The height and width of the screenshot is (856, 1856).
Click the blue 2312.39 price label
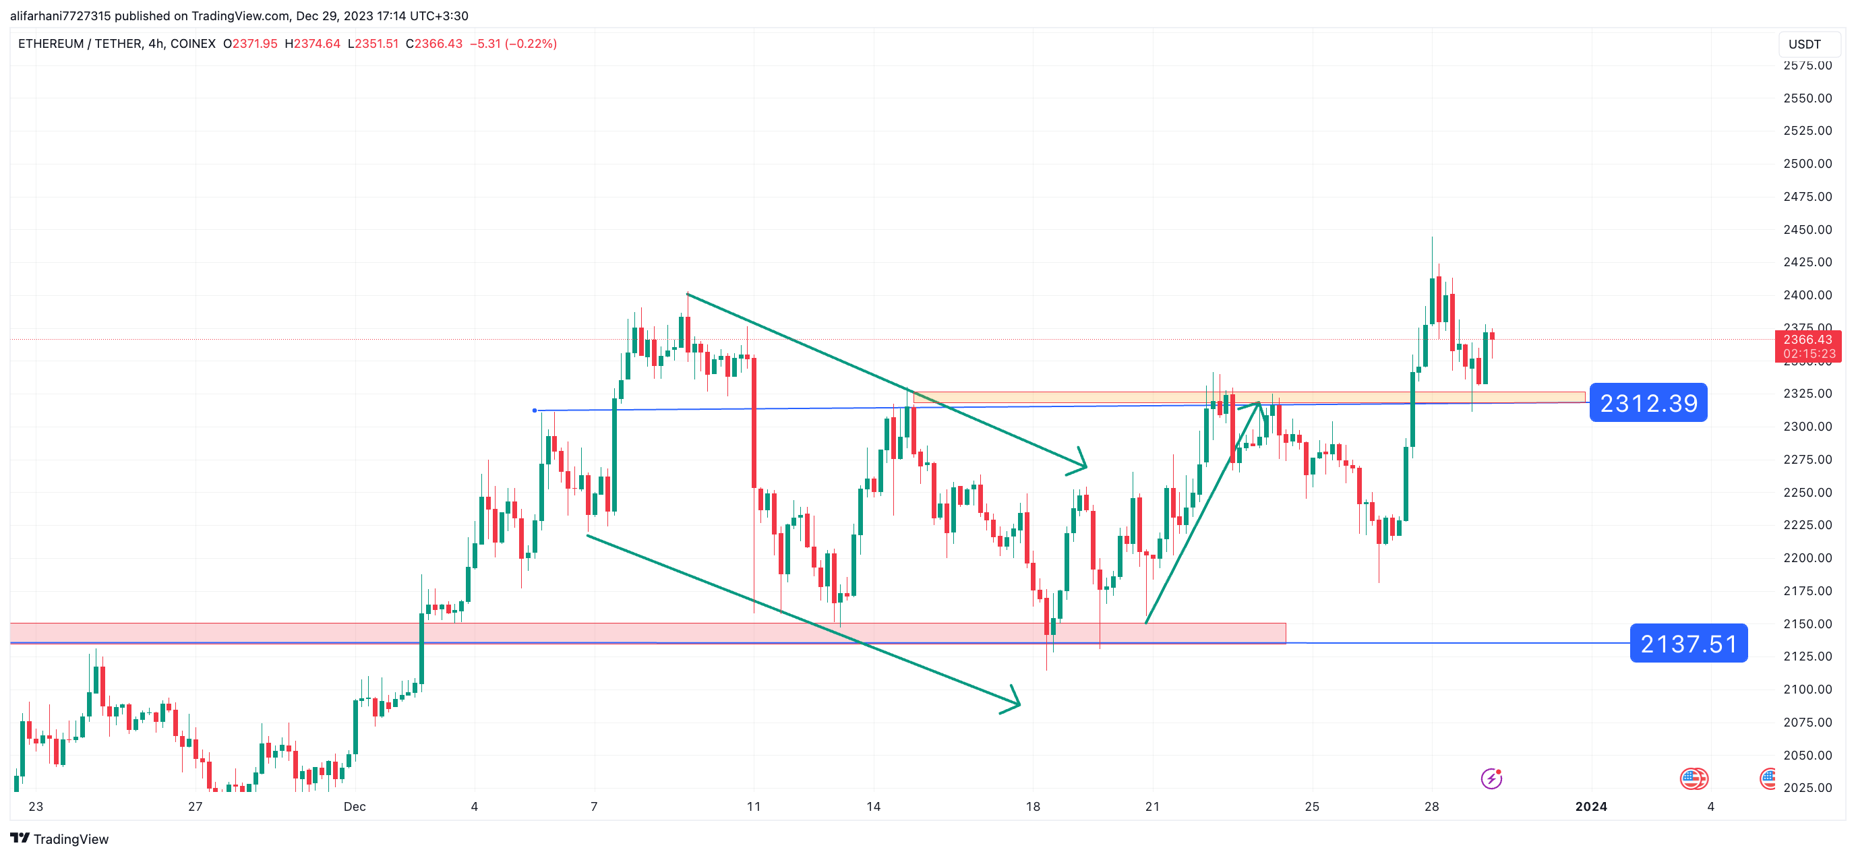(1648, 403)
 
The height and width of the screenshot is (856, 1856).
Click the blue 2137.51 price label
(1688, 644)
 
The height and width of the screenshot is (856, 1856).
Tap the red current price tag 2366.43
(1807, 340)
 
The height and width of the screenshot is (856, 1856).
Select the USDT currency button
(1804, 44)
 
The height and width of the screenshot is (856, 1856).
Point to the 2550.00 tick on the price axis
(1807, 98)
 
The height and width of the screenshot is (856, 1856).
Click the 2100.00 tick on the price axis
(1807, 690)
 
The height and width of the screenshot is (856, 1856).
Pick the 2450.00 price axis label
(1807, 230)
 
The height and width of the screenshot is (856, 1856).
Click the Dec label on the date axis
(355, 807)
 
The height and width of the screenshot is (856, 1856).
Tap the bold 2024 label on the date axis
(1591, 807)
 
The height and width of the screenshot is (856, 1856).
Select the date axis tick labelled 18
(1032, 807)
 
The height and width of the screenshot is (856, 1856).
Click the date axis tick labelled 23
(35, 807)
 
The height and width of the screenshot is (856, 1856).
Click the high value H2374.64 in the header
(313, 44)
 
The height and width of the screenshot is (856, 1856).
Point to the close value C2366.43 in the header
(433, 44)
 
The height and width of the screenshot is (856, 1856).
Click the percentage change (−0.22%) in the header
(531, 44)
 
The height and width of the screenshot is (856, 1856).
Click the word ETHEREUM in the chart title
(51, 44)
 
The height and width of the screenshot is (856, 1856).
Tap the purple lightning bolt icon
(1491, 779)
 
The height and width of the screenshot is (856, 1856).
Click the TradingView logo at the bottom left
(60, 838)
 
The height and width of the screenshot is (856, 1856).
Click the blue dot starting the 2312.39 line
(535, 410)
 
